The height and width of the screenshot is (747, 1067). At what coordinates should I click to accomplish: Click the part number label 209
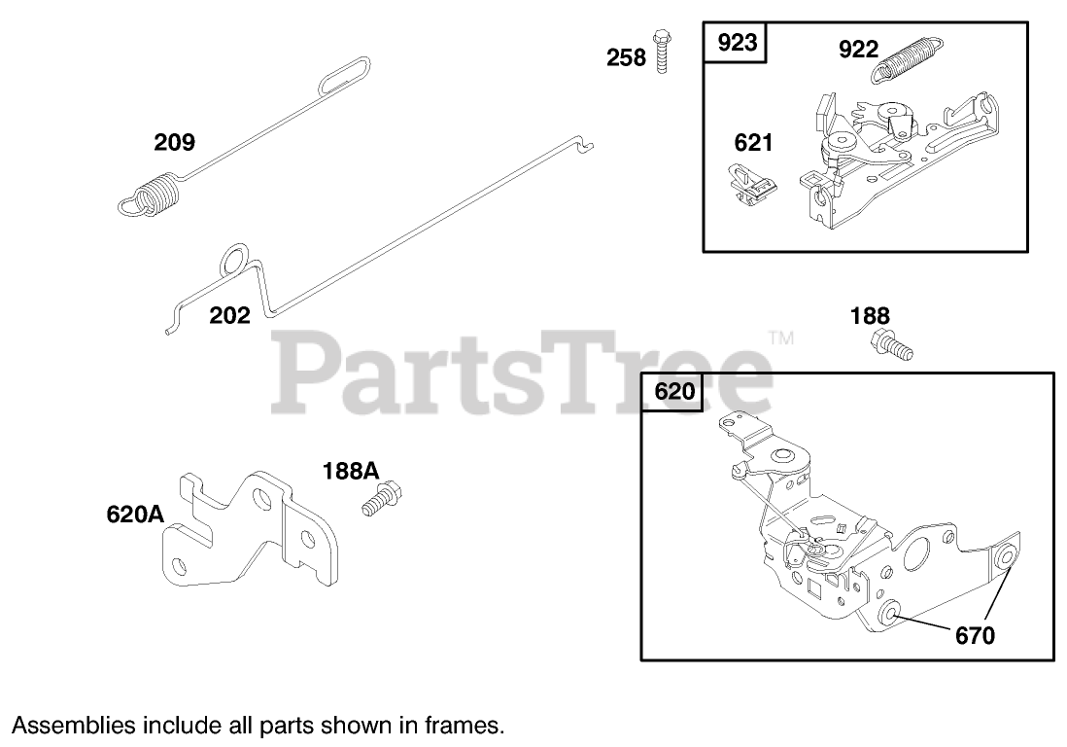(x=174, y=143)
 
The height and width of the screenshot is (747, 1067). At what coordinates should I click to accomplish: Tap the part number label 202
(x=229, y=315)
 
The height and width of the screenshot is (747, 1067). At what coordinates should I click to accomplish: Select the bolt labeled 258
(x=663, y=51)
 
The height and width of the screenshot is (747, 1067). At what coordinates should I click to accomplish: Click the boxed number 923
(x=737, y=45)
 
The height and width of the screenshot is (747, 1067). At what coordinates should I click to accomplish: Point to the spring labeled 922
(x=910, y=59)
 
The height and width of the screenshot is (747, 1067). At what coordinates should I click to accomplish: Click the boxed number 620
(x=674, y=393)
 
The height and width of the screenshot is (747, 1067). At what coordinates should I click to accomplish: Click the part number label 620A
(x=135, y=515)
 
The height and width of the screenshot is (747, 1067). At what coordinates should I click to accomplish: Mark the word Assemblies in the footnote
(x=72, y=725)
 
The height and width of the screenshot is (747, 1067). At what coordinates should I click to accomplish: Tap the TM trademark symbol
(x=780, y=338)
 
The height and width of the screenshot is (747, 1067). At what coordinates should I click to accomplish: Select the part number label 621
(x=753, y=143)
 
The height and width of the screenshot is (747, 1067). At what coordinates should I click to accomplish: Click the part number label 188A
(x=350, y=471)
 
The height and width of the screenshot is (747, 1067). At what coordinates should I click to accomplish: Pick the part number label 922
(x=858, y=50)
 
